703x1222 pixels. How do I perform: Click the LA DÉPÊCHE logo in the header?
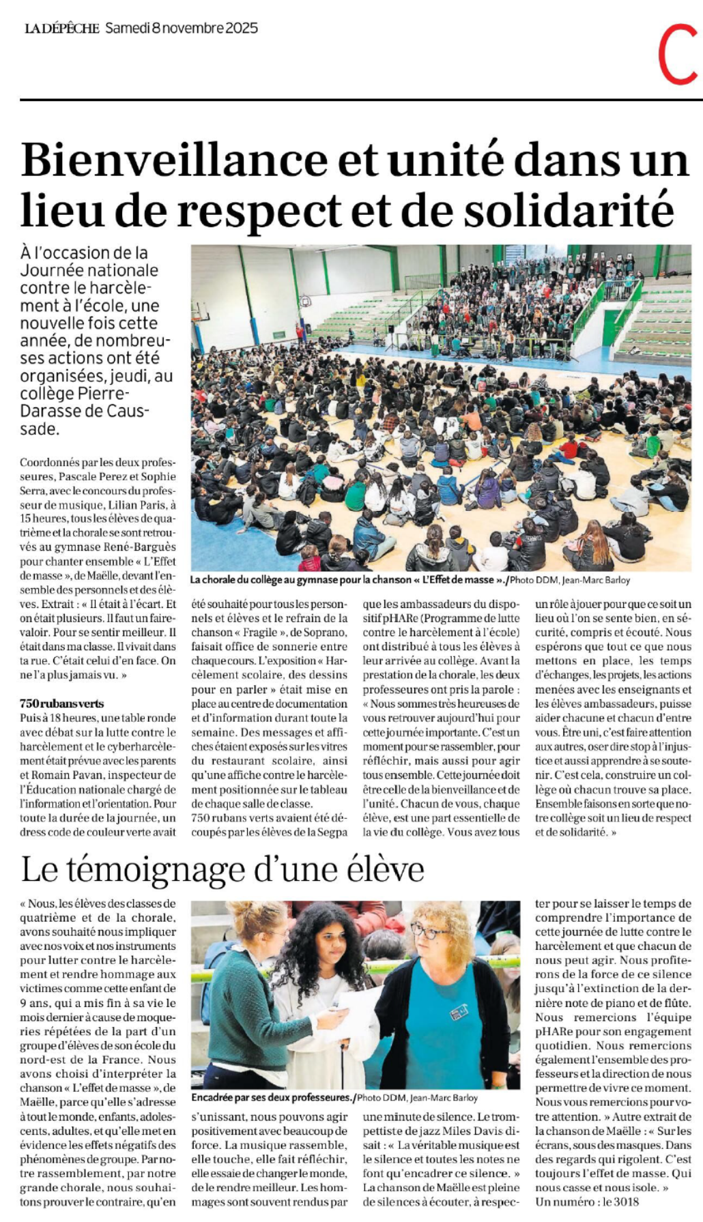61,29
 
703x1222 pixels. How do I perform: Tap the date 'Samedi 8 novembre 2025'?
182,28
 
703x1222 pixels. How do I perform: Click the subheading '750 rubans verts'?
61,703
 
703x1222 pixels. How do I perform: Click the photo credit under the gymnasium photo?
571,580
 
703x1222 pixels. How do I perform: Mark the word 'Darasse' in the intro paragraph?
48,411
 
